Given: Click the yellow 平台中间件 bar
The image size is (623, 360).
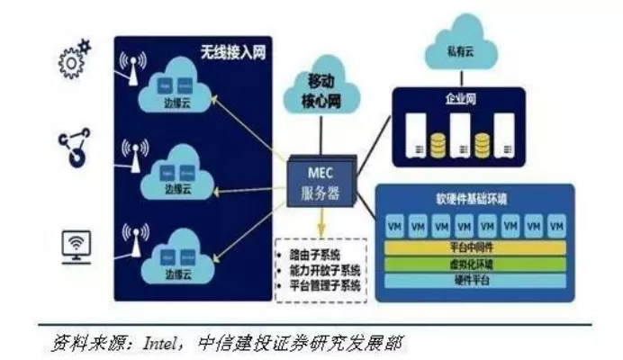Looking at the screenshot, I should point(474,247).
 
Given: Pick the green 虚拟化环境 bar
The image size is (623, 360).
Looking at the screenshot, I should point(474,264).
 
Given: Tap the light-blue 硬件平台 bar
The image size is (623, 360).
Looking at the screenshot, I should point(474,280).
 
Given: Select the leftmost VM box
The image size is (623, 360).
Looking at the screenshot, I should point(394,224).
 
